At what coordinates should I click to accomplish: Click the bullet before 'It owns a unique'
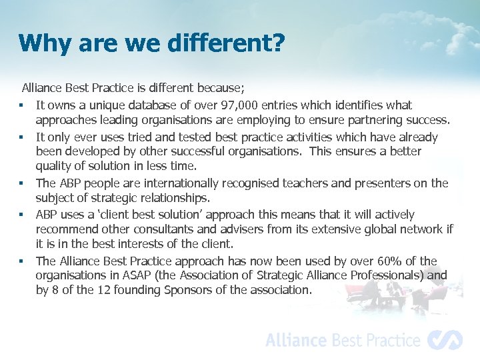22,106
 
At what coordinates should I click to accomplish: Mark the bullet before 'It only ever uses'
22,138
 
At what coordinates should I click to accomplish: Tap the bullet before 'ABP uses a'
22,215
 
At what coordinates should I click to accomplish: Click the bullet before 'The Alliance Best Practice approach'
22,261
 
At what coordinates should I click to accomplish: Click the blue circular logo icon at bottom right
445,340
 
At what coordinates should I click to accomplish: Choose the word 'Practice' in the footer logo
388,340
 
